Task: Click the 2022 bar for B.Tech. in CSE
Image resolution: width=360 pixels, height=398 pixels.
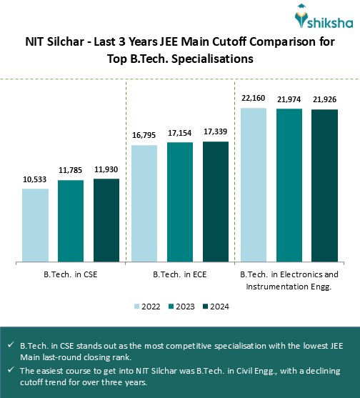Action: coord(35,225)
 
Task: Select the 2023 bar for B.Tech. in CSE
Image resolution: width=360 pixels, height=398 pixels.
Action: coord(71,221)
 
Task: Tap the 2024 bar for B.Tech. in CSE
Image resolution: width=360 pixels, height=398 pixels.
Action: coord(106,220)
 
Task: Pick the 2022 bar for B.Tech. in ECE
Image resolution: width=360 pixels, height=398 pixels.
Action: coord(145,204)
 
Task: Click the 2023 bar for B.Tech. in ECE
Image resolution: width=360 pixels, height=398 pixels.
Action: coord(180,202)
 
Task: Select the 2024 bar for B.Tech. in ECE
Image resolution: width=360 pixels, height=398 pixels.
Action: coord(216,202)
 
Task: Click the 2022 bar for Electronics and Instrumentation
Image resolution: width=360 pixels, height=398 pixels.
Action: coord(254,184)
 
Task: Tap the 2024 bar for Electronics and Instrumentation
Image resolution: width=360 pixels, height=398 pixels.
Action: coord(324,185)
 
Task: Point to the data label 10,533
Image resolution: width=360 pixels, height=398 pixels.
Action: coord(35,180)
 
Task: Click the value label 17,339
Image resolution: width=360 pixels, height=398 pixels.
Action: coord(216,132)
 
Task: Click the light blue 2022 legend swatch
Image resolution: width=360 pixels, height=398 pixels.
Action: coord(138,307)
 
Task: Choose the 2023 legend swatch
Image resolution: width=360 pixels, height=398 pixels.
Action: coord(172,307)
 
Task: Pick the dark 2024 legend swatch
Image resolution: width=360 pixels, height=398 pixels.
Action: coord(206,307)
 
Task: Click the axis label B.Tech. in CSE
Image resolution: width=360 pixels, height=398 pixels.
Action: coord(71,274)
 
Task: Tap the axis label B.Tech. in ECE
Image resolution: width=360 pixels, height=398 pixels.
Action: coord(180,274)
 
